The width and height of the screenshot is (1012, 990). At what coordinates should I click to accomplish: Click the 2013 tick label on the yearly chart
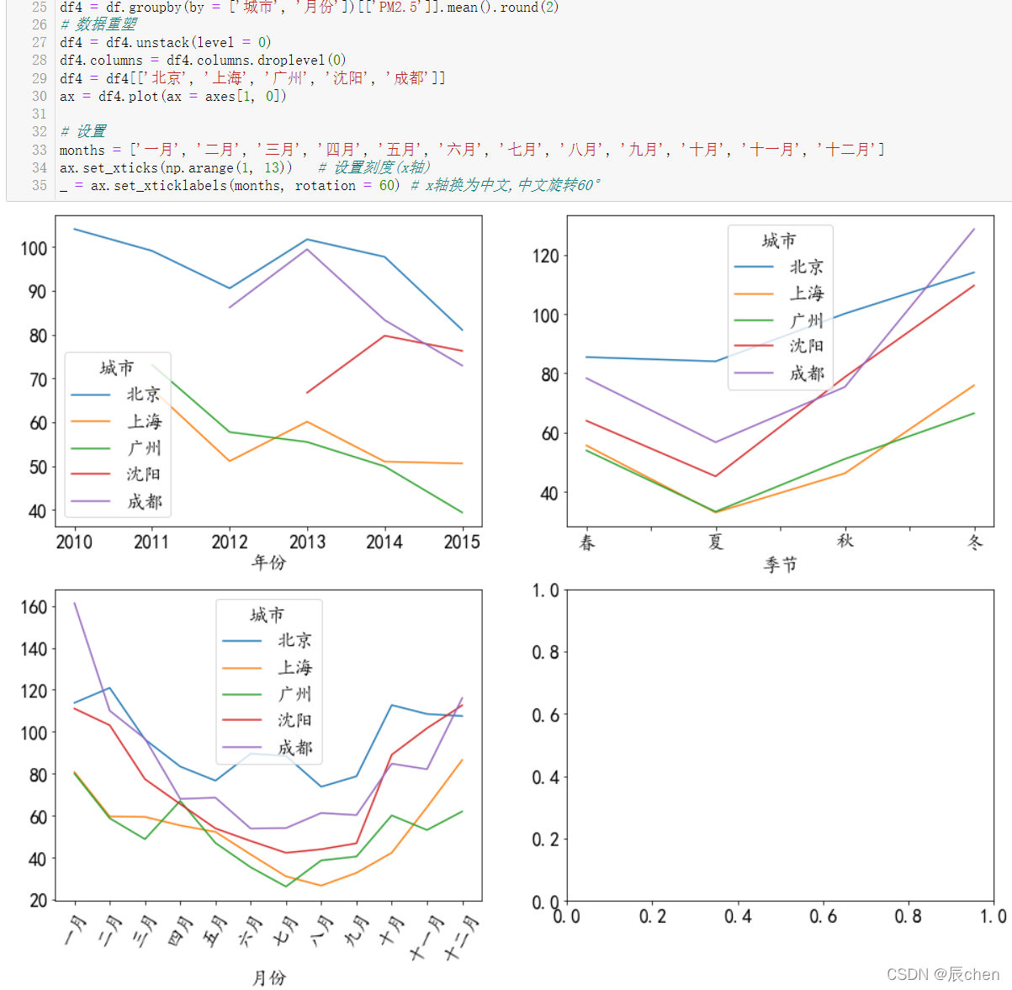[307, 542]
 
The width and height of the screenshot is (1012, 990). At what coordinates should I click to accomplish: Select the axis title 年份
[269, 562]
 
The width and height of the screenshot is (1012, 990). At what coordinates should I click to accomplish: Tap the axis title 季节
[780, 564]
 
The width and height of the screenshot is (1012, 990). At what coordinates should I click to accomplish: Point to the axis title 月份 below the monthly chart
[269, 977]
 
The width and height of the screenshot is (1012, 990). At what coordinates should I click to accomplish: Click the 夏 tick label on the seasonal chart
[716, 542]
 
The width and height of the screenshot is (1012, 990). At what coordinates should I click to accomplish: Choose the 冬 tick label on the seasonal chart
[974, 542]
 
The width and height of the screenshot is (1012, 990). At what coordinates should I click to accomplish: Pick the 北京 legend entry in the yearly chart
[116, 394]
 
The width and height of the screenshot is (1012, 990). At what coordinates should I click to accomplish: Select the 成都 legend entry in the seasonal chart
[779, 373]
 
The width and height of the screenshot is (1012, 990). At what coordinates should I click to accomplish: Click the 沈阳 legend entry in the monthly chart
[267, 720]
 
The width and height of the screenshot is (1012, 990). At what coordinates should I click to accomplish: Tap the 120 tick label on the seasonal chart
[545, 256]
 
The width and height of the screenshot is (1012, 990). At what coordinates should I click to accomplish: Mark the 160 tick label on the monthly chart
[34, 606]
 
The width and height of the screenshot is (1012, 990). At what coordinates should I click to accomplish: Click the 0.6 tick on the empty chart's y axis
[545, 715]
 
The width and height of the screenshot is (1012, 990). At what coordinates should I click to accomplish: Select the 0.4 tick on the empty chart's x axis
[738, 916]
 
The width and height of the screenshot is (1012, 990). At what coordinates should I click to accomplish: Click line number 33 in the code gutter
[40, 150]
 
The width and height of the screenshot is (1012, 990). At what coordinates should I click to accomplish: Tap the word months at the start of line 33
[82, 151]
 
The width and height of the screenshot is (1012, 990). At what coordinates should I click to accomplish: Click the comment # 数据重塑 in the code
[98, 24]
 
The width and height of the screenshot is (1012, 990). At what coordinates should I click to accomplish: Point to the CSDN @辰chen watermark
[943, 974]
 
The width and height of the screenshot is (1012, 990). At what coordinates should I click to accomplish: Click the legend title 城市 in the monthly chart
[267, 615]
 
